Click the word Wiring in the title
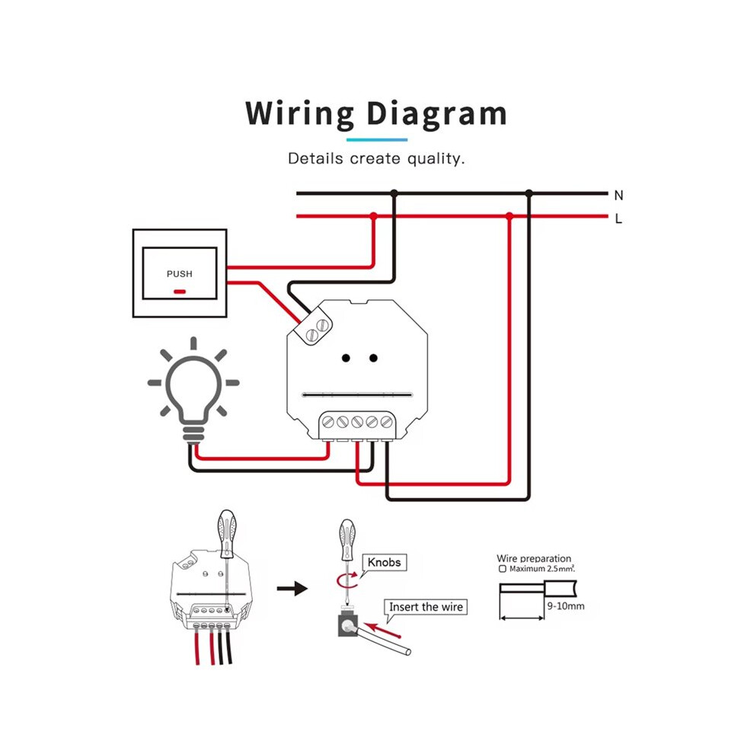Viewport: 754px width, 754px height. point(299,114)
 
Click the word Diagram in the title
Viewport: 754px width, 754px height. point(436,114)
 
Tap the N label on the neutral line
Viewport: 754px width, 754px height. point(619,195)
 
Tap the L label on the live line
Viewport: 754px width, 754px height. point(618,219)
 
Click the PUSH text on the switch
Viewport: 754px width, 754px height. point(180,273)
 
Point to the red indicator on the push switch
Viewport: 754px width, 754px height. point(180,292)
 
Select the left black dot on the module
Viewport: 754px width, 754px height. point(346,358)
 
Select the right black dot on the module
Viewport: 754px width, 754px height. point(373,358)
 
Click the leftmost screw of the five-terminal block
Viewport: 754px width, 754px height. point(328,422)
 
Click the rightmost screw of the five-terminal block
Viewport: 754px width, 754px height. point(386,422)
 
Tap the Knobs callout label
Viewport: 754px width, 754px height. point(384,562)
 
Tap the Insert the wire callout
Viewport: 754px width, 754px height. point(426,607)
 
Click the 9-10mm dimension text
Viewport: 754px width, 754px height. point(566,606)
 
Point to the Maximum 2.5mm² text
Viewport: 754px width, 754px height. point(542,568)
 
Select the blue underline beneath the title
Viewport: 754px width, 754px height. point(377,140)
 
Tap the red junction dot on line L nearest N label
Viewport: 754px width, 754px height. point(510,216)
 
